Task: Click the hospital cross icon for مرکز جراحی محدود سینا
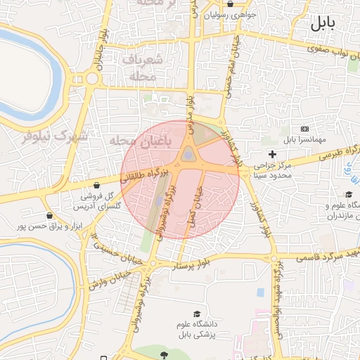[x=273, y=154]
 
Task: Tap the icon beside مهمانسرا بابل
[x=304, y=129]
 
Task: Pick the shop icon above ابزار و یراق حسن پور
[x=48, y=215]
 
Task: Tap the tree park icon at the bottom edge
[x=164, y=354]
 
